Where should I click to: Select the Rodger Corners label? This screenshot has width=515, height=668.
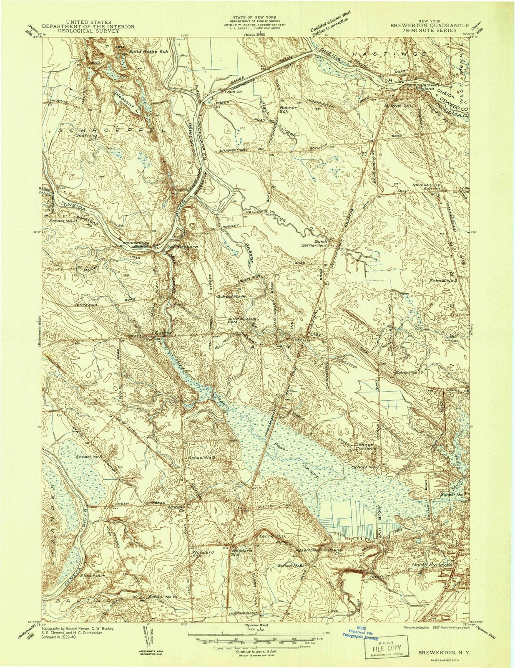pyautogui.click(x=365, y=447)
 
